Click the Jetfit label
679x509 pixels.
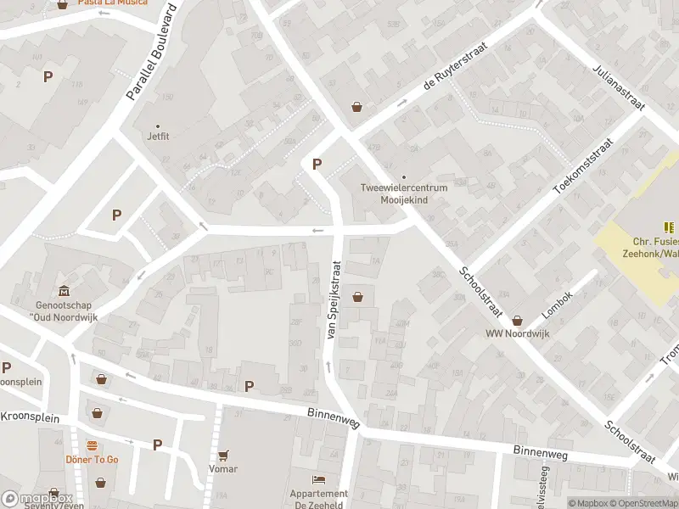(158, 136)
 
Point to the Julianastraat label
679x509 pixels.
(620, 87)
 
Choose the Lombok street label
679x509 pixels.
(558, 306)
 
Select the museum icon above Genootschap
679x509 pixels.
(64, 291)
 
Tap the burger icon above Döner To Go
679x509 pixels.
(92, 445)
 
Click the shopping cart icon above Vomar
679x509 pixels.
(223, 456)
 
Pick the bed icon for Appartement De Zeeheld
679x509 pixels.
(318, 479)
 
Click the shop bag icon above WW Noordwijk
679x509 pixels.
(518, 320)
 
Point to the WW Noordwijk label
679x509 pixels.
(518, 333)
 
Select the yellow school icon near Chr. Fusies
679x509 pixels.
(669, 227)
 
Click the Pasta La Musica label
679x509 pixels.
(112, 3)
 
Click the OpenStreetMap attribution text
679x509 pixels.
(644, 503)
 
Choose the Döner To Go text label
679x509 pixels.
(92, 459)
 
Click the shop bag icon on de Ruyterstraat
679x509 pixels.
(357, 107)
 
